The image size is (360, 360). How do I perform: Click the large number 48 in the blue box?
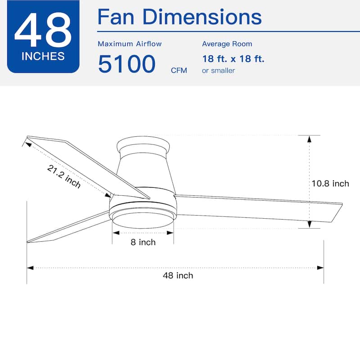pyautogui.click(x=43, y=31)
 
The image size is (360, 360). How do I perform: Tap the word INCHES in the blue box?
pyautogui.click(x=43, y=57)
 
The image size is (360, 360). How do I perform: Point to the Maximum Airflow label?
pyautogui.click(x=130, y=44)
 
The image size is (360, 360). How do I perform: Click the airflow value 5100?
pyautogui.click(x=126, y=64)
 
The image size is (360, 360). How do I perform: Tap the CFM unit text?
pyautogui.click(x=179, y=71)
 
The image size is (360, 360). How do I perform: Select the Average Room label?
pyautogui.click(x=227, y=44)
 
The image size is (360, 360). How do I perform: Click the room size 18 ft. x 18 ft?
pyautogui.click(x=233, y=59)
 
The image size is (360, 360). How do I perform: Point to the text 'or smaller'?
pyautogui.click(x=218, y=71)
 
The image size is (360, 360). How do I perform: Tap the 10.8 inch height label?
pyautogui.click(x=330, y=184)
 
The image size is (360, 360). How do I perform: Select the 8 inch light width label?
pyautogui.click(x=143, y=243)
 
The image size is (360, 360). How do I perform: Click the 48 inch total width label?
pyautogui.click(x=178, y=275)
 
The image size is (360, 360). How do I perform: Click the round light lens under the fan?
pyautogui.click(x=143, y=220)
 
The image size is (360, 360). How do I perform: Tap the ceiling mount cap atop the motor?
pyautogui.click(x=143, y=146)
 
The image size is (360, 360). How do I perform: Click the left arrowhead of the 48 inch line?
pyautogui.click(x=30, y=268)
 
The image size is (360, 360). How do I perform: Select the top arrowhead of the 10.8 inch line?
pyautogui.click(x=309, y=139)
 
